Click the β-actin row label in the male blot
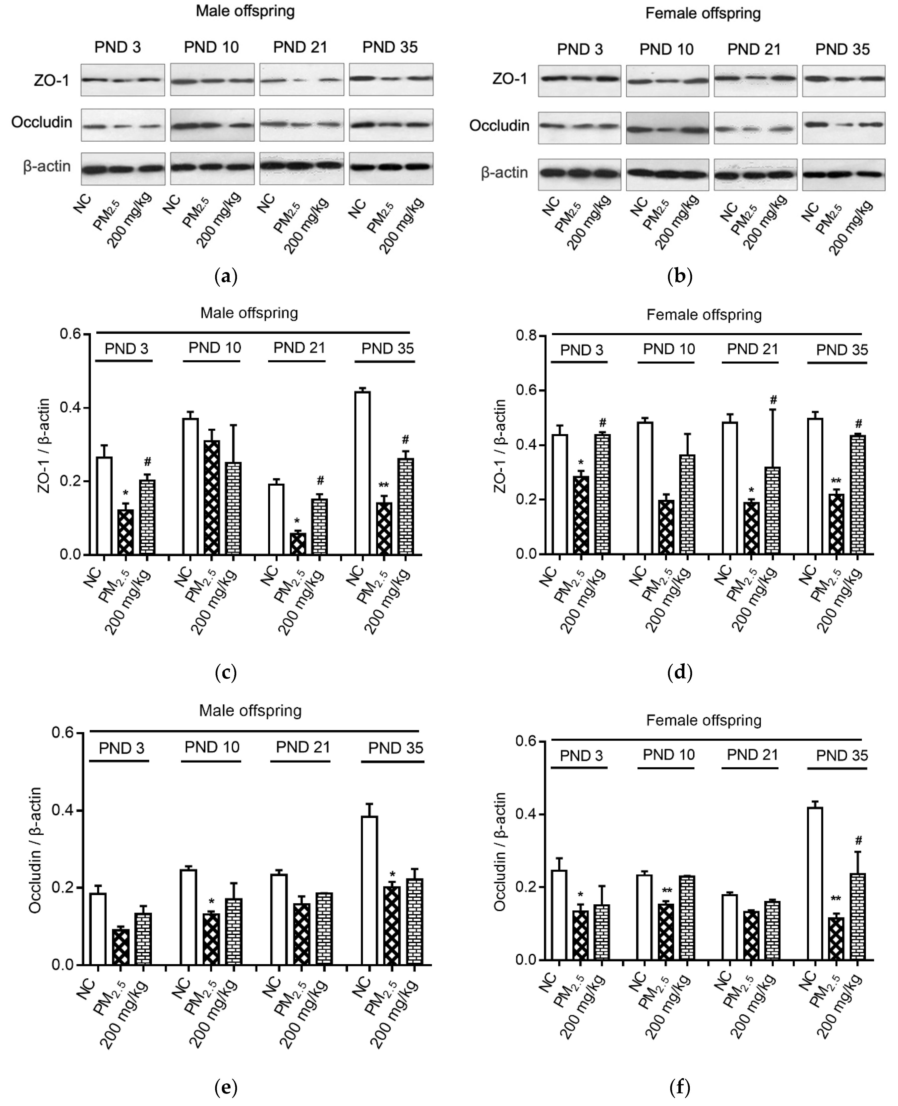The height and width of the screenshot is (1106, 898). click(x=47, y=167)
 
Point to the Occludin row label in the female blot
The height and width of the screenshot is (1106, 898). click(x=499, y=126)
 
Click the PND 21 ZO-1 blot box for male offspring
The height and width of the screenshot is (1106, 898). click(x=301, y=80)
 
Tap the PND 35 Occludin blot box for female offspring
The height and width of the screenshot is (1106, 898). click(x=843, y=127)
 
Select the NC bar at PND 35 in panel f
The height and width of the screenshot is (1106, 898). click(x=815, y=883)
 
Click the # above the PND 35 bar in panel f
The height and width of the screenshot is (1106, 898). click(x=858, y=841)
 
